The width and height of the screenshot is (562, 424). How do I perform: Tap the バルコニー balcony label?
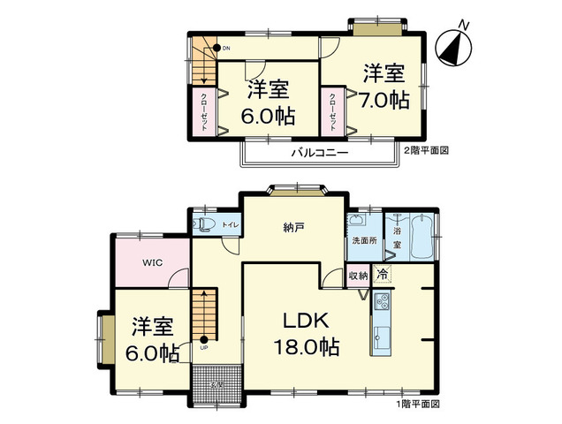tap(319, 153)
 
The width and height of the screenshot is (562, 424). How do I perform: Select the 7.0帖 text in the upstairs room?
tap(384, 99)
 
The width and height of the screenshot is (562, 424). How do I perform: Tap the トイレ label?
tap(229, 224)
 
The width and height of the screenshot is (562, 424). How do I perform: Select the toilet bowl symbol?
tap(202, 224)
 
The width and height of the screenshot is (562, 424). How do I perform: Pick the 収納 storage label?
tap(357, 276)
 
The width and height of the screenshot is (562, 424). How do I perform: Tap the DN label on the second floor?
tap(225, 48)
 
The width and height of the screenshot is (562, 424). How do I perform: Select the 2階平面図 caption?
tap(426, 151)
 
